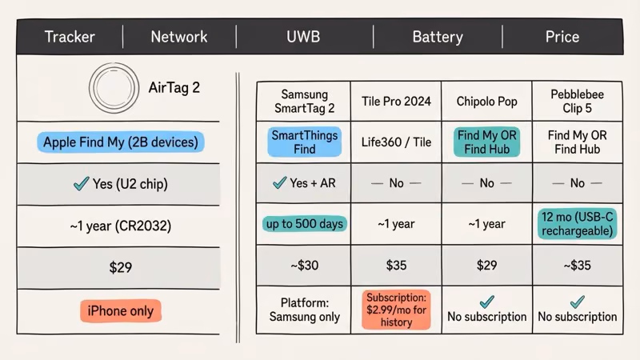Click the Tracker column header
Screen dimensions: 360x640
click(70, 37)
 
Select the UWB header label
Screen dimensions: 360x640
click(305, 37)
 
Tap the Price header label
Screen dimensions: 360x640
click(562, 37)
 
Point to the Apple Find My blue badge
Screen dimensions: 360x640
click(120, 142)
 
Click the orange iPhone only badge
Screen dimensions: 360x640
click(120, 310)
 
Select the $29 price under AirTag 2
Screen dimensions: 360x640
click(120, 267)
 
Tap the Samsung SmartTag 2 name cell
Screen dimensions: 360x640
click(304, 101)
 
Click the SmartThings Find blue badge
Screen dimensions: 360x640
click(304, 142)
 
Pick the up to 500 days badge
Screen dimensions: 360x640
click(304, 223)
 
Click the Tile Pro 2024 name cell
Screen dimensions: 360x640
click(396, 101)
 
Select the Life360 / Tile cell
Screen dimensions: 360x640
click(396, 142)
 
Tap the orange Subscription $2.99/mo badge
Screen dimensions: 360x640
click(396, 310)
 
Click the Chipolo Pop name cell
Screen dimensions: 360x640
click(486, 101)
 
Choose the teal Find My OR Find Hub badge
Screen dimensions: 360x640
click(486, 142)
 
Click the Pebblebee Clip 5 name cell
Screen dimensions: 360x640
click(577, 101)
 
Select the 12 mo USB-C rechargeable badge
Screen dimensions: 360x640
click(577, 223)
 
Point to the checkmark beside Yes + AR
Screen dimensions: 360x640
click(279, 183)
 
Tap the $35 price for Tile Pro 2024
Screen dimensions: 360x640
click(396, 265)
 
